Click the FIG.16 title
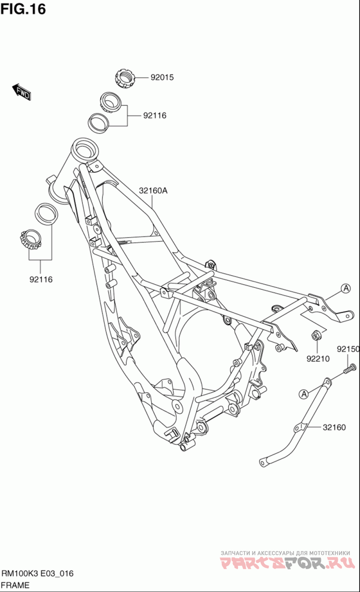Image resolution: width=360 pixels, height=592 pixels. click(23, 9)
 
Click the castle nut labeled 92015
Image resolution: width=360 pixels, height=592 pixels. click(125, 79)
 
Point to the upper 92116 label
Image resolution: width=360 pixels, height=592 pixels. click(154, 116)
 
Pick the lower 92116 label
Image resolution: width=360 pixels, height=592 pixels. click(41, 279)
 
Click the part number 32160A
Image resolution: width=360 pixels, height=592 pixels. click(153, 191)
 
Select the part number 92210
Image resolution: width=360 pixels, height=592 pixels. click(318, 359)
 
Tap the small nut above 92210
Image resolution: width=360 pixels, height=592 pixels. click(315, 335)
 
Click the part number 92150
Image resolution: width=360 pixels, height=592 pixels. click(348, 349)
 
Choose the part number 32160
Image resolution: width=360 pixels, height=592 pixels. click(334, 427)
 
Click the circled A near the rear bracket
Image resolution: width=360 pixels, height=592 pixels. click(345, 289)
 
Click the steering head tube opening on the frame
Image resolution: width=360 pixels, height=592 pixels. click(85, 148)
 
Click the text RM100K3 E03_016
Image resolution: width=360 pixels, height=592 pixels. click(38, 574)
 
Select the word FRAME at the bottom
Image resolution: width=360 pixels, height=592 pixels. click(15, 585)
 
